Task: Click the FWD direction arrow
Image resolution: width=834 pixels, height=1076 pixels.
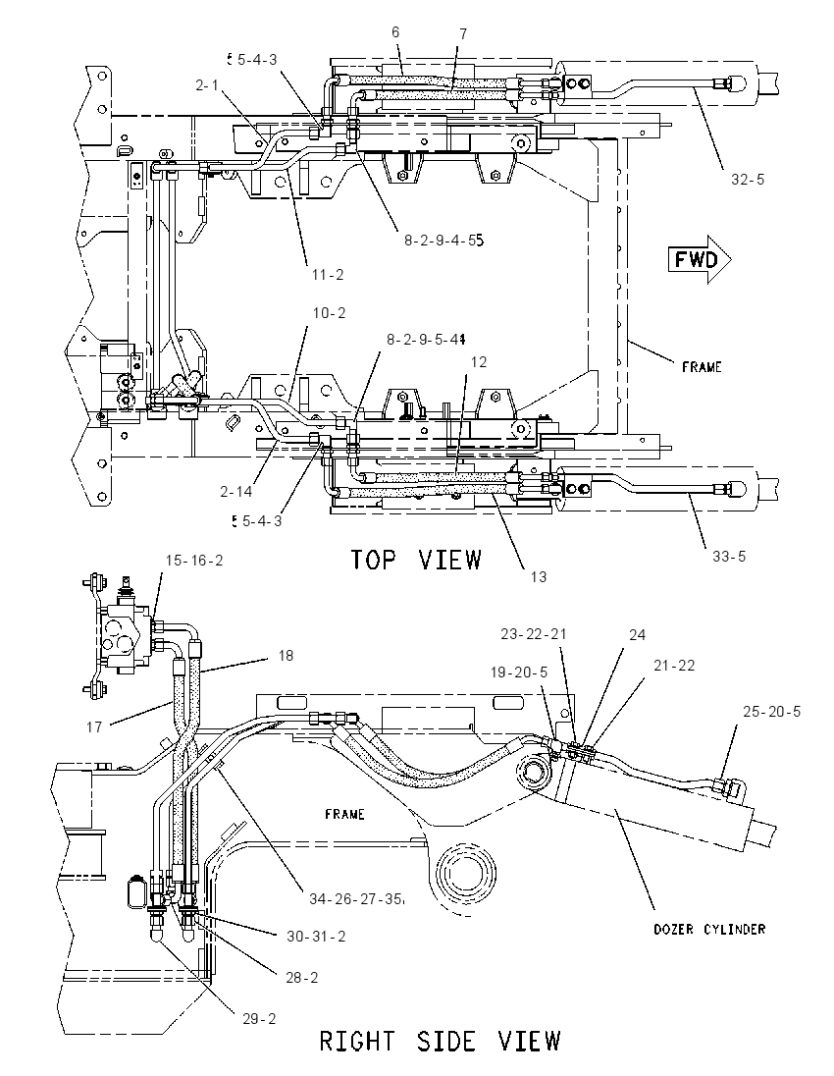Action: click(x=700, y=259)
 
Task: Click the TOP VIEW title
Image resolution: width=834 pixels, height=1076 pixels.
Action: click(x=416, y=560)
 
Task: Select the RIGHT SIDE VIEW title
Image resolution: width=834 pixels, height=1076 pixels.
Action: click(x=441, y=1041)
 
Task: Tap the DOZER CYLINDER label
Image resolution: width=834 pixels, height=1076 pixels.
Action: click(x=709, y=929)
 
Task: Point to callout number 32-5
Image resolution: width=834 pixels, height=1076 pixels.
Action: click(x=748, y=179)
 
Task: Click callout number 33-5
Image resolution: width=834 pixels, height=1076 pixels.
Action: click(x=728, y=556)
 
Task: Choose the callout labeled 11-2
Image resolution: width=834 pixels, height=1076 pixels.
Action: click(x=328, y=275)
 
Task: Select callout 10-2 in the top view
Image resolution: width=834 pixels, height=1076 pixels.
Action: click(x=330, y=313)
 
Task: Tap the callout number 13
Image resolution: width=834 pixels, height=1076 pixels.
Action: click(x=539, y=577)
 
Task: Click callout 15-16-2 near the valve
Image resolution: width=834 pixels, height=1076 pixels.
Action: click(x=194, y=560)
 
